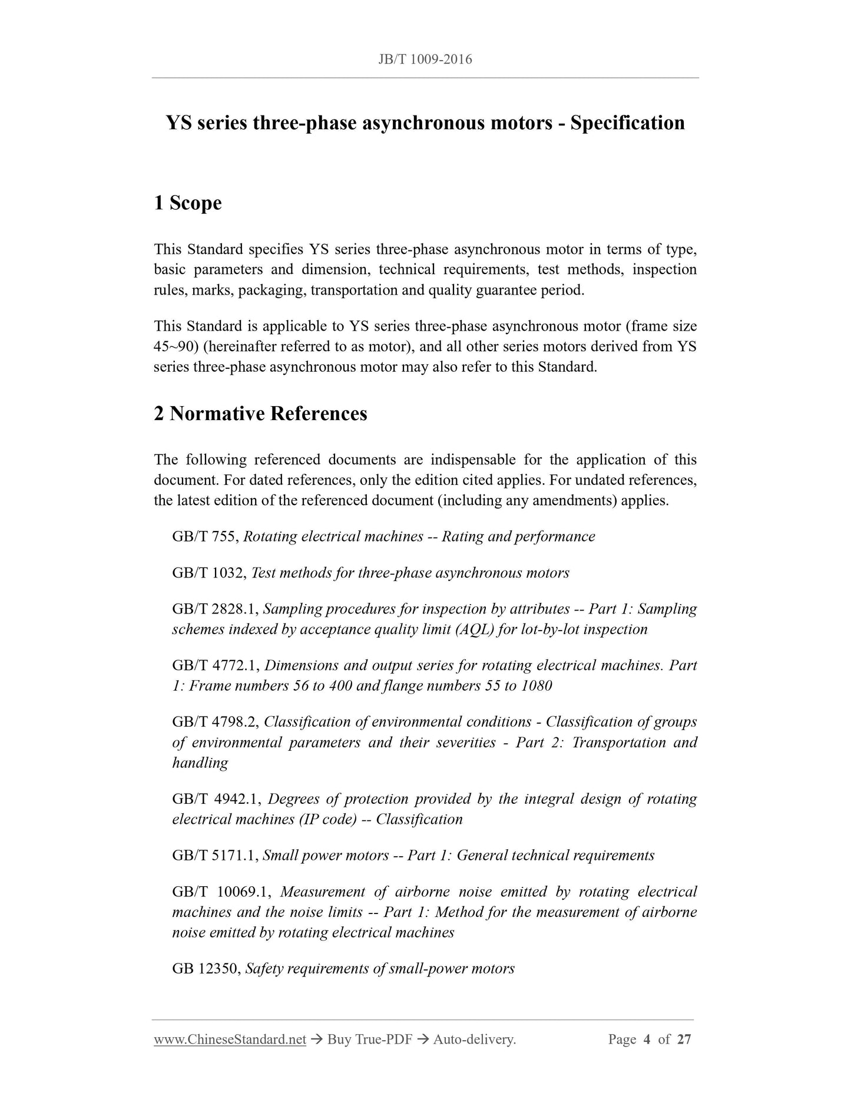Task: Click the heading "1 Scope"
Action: [187, 203]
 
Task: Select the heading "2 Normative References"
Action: [260, 414]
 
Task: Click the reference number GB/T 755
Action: [205, 537]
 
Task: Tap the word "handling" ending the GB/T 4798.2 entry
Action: [200, 763]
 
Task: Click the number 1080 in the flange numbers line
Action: [537, 686]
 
